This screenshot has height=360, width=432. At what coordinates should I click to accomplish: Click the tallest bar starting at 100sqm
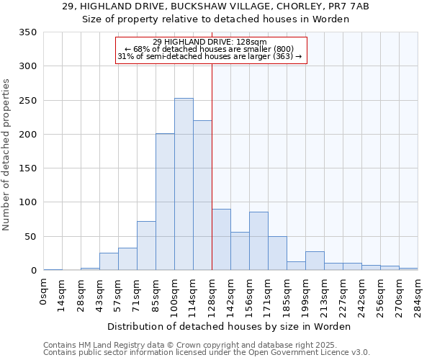pos(184,184)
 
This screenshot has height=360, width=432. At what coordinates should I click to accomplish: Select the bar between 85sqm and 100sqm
pos(165,202)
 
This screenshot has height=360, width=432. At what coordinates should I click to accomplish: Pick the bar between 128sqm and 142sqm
pos(221,240)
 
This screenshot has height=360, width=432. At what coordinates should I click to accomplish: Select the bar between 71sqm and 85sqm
pos(146,246)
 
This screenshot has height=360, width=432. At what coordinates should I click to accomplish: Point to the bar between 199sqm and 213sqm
pos(315,261)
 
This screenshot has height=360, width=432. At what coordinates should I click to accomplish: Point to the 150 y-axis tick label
pos(27,168)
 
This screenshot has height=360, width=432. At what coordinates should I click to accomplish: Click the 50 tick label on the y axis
pos(30,237)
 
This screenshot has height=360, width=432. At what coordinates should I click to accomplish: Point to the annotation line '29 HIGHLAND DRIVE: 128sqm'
pos(210,42)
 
